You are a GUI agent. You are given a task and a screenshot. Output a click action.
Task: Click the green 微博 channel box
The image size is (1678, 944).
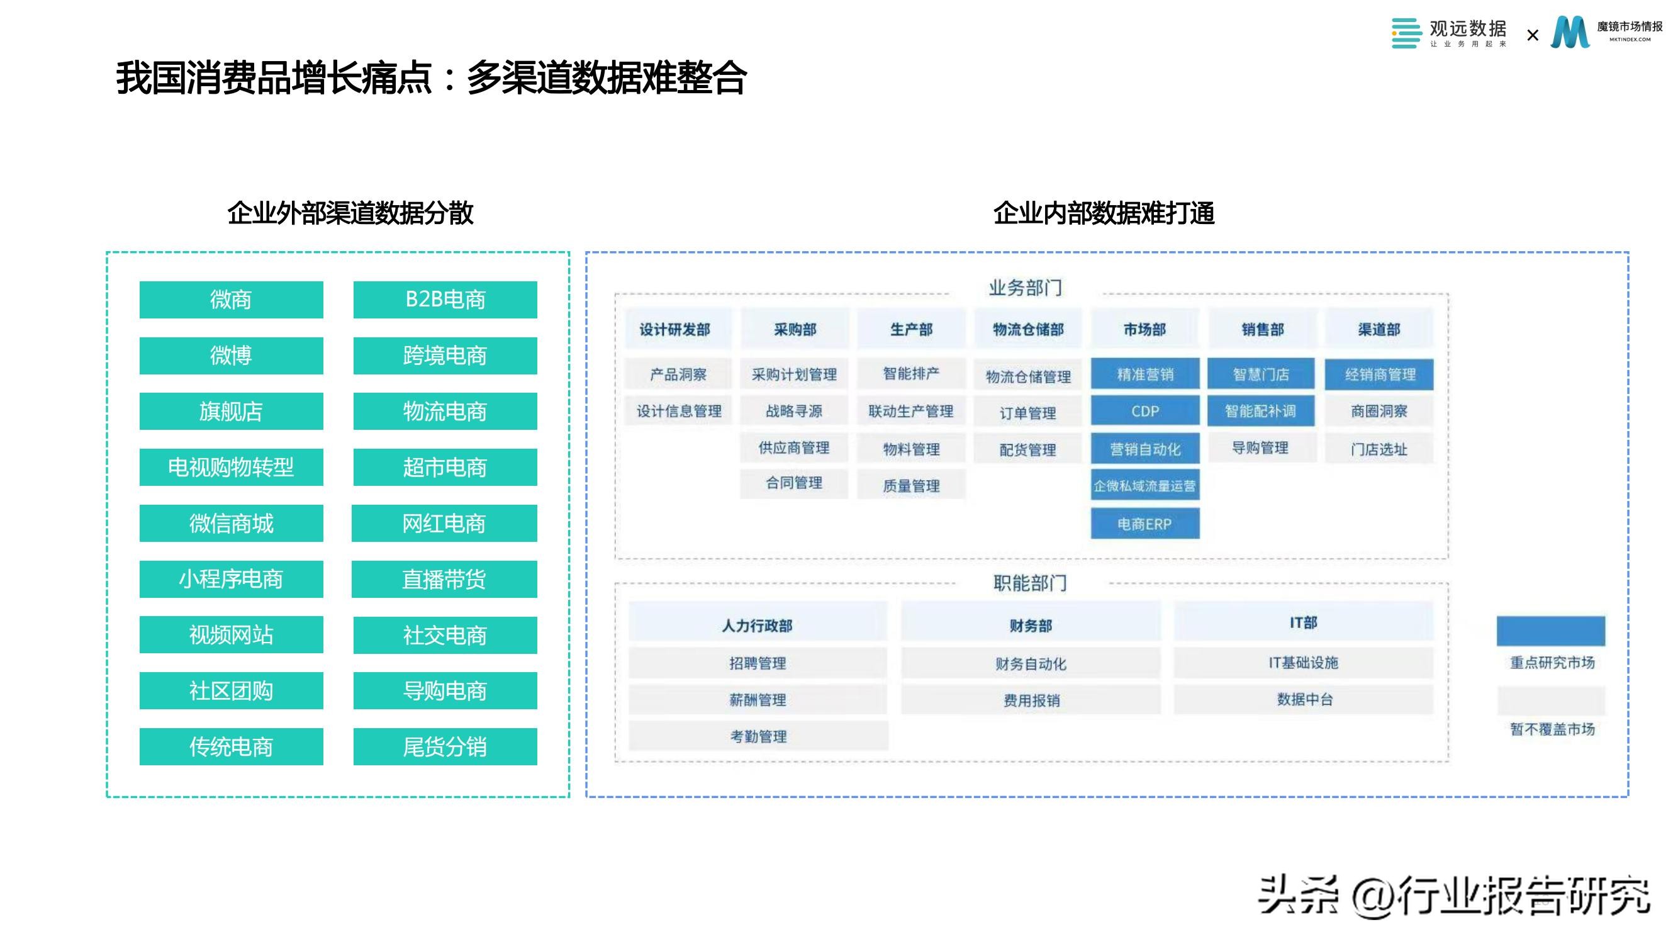pos(231,356)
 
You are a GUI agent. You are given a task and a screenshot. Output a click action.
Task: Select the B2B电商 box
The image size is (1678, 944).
pos(445,300)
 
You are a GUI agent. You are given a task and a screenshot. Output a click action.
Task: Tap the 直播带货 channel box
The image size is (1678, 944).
pos(444,579)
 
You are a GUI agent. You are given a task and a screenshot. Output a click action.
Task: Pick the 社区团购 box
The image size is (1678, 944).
pos(231,690)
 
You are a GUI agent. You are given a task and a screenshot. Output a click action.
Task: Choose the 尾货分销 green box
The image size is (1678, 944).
pos(445,746)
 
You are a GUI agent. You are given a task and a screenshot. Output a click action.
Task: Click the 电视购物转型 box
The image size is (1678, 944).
pos(231,467)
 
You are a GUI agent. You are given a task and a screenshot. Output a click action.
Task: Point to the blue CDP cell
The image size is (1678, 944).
pos(1144,411)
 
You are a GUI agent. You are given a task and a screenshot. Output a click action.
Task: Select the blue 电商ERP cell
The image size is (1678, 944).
pos(1144,524)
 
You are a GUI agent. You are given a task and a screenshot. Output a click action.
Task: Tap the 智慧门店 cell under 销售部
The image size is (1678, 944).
pos(1260,374)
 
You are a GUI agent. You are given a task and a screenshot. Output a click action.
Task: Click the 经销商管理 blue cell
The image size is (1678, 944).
pos(1379,374)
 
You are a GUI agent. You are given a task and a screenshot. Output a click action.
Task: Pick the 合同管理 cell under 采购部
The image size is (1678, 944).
pos(793,483)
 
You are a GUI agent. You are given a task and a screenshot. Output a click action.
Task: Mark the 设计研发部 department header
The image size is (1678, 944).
pos(675,330)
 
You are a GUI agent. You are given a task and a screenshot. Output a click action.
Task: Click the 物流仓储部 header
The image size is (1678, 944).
pos(1028,330)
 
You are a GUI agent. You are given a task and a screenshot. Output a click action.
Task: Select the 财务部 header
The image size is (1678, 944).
pos(1031,626)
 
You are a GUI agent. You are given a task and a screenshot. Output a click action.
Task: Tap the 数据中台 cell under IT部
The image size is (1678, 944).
pos(1304,700)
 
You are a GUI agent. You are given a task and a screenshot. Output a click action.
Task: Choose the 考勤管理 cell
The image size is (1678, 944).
pos(758,736)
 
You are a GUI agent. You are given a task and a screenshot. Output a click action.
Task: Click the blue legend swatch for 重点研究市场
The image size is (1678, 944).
pos(1550,631)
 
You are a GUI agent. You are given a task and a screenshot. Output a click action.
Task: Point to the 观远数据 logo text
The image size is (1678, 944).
pos(1468,29)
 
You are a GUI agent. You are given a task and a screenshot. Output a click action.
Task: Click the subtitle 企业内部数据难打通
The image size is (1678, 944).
pos(1104,214)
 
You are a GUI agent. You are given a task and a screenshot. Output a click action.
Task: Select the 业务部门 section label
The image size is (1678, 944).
pos(1026,288)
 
